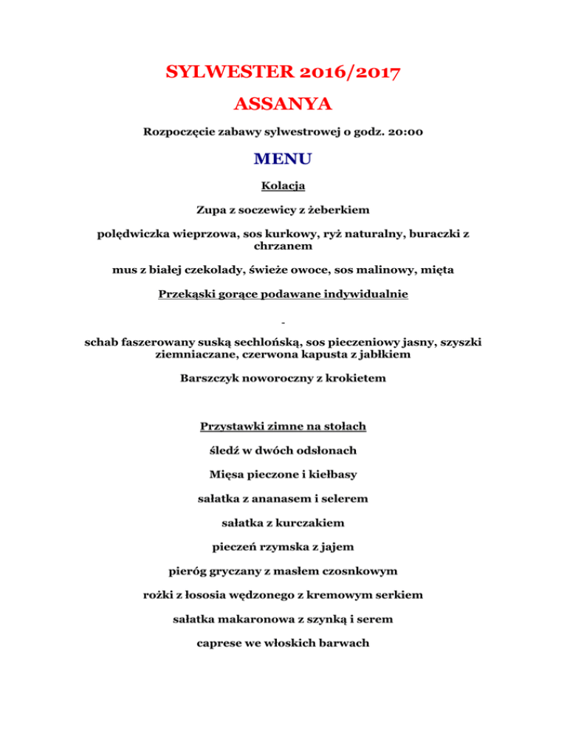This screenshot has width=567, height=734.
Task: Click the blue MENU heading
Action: click(283, 158)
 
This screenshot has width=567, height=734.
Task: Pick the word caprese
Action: click(222, 642)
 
